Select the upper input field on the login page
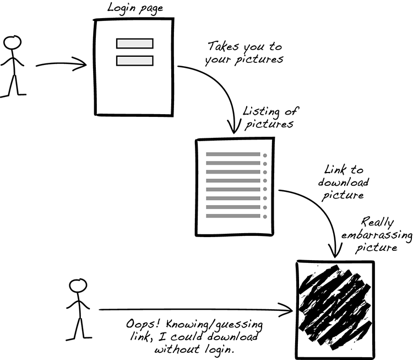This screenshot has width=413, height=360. point(134,44)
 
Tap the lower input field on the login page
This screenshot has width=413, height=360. point(134,61)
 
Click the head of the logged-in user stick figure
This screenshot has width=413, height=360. point(12,43)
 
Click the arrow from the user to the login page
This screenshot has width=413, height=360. point(61,65)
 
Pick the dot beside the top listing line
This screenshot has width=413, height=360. point(265,155)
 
